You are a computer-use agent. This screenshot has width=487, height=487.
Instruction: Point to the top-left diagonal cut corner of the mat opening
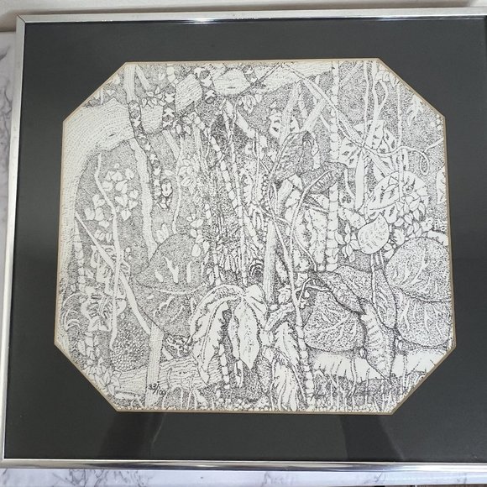pos(95,91)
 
